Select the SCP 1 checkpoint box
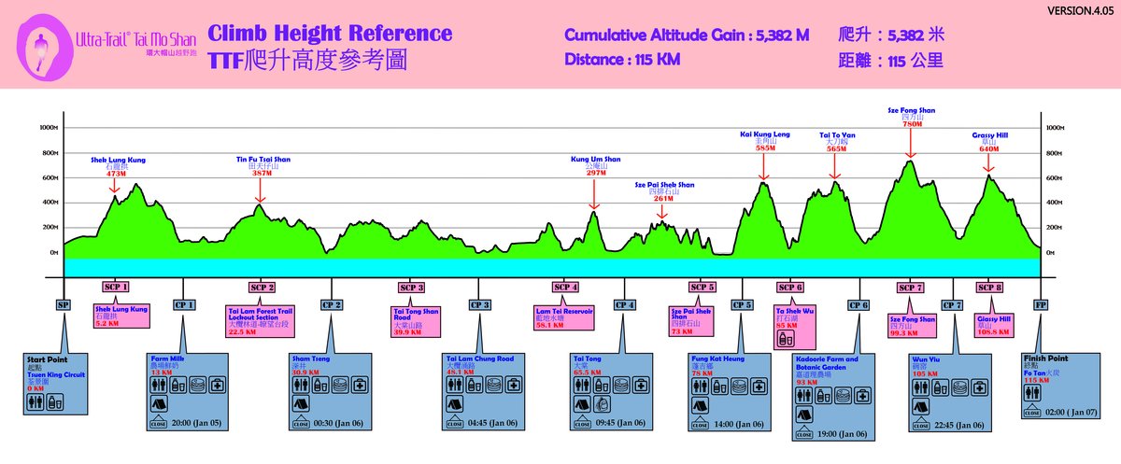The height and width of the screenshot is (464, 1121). coord(116,287)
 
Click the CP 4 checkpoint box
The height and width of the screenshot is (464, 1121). coord(624,304)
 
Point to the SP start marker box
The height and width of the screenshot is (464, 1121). coord(64,304)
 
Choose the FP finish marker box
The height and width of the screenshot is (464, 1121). coord(1041,304)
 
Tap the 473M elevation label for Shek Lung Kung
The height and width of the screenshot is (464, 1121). coord(117,174)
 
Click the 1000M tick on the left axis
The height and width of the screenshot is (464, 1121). coord(48,128)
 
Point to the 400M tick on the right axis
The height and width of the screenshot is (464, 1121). coord(1055,203)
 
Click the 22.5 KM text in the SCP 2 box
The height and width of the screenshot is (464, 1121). coord(244,329)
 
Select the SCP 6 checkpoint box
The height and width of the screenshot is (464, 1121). coord(789,287)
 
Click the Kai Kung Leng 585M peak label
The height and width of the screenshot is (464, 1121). coord(765,140)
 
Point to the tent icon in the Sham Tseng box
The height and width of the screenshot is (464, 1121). coord(302,403)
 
